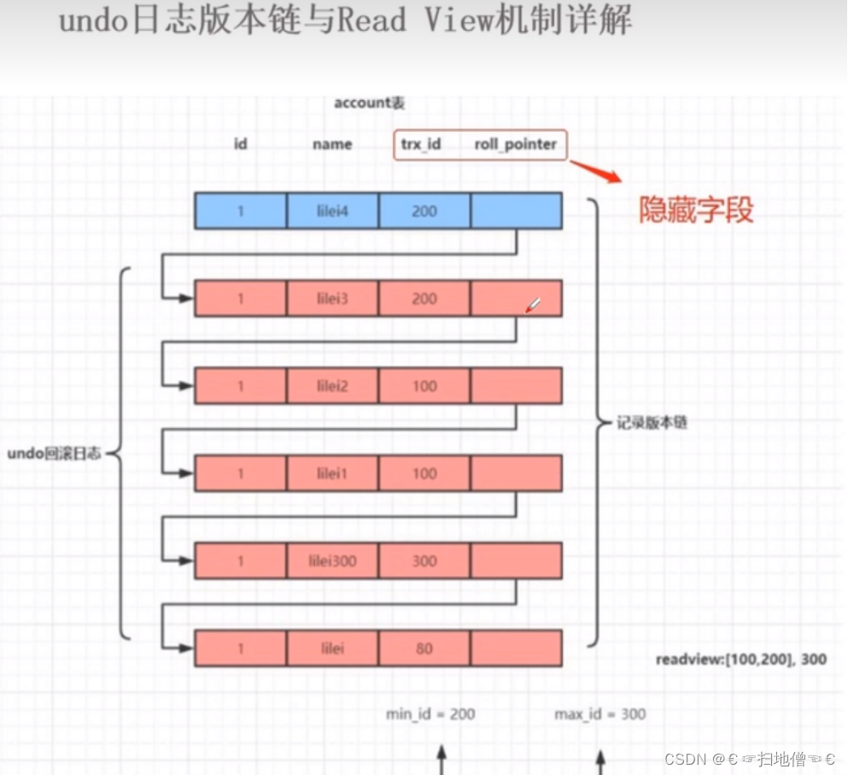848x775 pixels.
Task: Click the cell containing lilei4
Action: [332, 211]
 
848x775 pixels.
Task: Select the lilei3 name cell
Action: [332, 298]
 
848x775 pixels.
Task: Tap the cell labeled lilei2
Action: [332, 386]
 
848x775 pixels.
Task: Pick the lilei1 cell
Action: [332, 473]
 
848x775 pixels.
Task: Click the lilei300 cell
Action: [332, 561]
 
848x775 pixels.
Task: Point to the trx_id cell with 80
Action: [424, 649]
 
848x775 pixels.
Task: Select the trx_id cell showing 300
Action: [424, 561]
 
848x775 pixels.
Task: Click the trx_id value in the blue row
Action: [424, 211]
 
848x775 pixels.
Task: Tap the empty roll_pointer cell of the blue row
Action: [516, 211]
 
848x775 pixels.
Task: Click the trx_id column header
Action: [421, 144]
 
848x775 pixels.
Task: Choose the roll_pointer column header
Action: [515, 144]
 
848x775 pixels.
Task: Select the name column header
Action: [332, 144]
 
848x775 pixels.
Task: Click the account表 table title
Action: [369, 103]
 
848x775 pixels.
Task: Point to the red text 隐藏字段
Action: [697, 210]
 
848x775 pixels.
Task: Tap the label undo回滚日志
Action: [54, 454]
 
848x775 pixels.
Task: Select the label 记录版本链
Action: [652, 423]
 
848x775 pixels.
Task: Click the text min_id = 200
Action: [430, 714]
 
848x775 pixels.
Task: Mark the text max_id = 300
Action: [599, 714]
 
